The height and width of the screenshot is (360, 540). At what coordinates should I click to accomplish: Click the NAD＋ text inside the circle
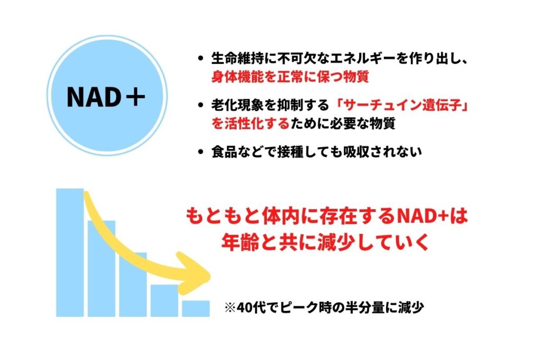(105, 97)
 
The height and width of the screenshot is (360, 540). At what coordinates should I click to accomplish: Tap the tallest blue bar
(70, 252)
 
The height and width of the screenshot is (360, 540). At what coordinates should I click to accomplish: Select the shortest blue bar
(196, 309)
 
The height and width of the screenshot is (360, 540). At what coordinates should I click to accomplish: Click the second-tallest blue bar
(101, 268)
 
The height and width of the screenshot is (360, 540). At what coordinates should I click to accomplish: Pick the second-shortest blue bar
(165, 300)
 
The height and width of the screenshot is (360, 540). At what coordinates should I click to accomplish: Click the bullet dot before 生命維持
(201, 59)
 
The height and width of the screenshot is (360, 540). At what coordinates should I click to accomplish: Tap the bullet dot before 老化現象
(201, 105)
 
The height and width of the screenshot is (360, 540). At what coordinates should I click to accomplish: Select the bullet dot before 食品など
(201, 152)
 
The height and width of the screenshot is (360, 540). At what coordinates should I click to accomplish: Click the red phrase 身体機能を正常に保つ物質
(290, 76)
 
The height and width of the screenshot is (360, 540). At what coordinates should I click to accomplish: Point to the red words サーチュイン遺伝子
(403, 105)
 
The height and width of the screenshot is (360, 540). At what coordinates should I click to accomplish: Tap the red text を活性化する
(250, 123)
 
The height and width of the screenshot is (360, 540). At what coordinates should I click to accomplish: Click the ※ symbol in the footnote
(230, 307)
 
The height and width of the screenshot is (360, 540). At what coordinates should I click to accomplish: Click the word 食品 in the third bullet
(224, 152)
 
